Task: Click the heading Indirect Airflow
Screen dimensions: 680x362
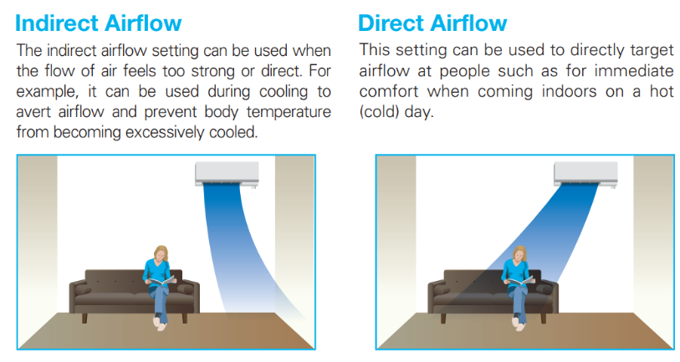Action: pyautogui.click(x=99, y=23)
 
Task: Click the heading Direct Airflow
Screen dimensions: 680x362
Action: pyautogui.click(x=432, y=23)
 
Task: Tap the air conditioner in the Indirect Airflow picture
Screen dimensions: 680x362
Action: pyautogui.click(x=227, y=174)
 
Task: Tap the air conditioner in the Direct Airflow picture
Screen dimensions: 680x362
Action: pyautogui.click(x=585, y=174)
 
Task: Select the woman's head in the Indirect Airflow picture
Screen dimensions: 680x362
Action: pyautogui.click(x=161, y=253)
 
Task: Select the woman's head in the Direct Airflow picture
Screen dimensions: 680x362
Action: pyautogui.click(x=519, y=253)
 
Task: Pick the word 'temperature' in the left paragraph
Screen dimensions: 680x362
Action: pyautogui.click(x=289, y=112)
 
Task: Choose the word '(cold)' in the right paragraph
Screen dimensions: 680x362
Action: pyautogui.click(x=379, y=112)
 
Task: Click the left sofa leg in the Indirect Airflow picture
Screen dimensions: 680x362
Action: pyautogui.click(x=84, y=318)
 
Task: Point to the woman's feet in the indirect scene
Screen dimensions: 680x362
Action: pyautogui.click(x=161, y=324)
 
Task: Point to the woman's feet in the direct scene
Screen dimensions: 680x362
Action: pyautogui.click(x=519, y=324)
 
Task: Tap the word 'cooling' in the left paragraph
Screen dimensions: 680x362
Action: pyautogui.click(x=284, y=92)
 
